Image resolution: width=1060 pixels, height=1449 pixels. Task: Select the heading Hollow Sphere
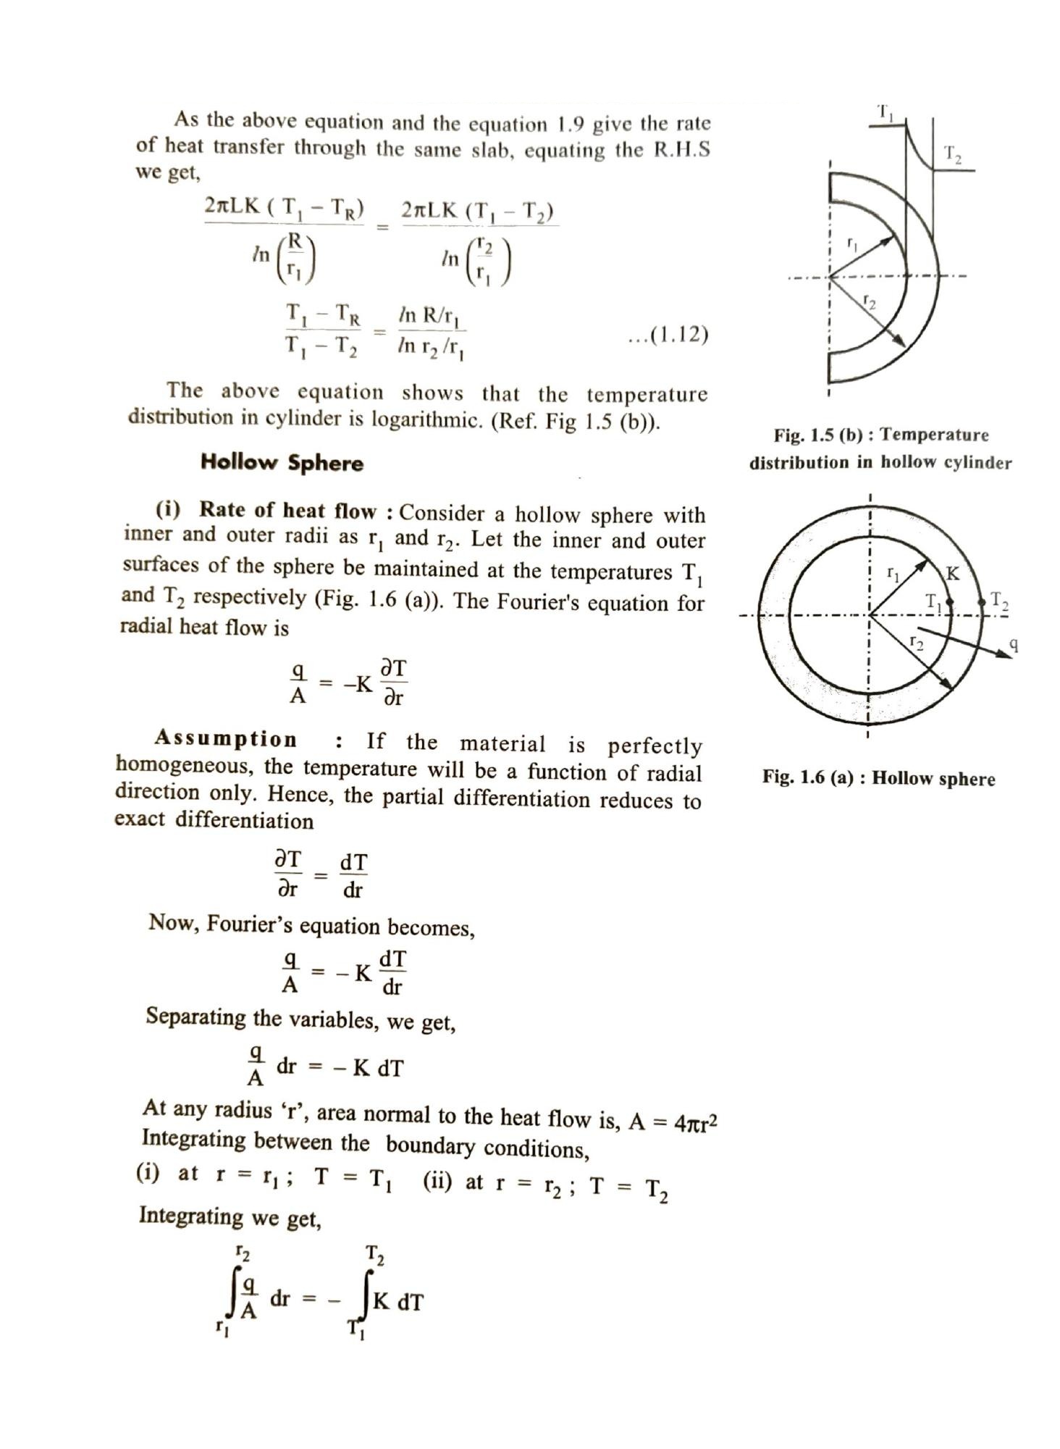click(282, 462)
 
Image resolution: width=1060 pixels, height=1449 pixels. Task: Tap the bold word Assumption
click(226, 739)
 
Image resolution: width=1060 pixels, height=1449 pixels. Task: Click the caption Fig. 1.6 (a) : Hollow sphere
click(878, 778)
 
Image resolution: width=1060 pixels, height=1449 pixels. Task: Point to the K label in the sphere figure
click(953, 574)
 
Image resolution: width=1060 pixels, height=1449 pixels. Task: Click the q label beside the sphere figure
click(1014, 643)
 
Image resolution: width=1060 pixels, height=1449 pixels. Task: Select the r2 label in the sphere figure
click(916, 641)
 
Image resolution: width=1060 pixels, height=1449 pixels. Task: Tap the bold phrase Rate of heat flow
click(287, 511)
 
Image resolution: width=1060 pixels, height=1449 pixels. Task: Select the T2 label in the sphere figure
click(1000, 600)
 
